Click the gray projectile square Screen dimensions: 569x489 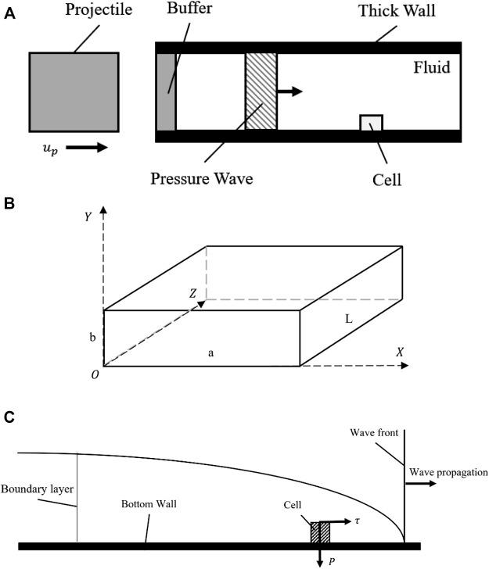pos(74,91)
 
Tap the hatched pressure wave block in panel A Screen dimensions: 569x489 pos(261,91)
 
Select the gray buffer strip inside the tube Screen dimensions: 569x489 pos(166,91)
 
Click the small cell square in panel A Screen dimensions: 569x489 pos(371,123)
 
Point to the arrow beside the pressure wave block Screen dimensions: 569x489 pos(289,91)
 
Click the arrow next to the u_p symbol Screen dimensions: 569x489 pos(87,146)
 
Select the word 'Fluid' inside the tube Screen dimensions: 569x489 pos(431,68)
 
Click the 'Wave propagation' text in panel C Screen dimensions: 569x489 pos(448,473)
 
